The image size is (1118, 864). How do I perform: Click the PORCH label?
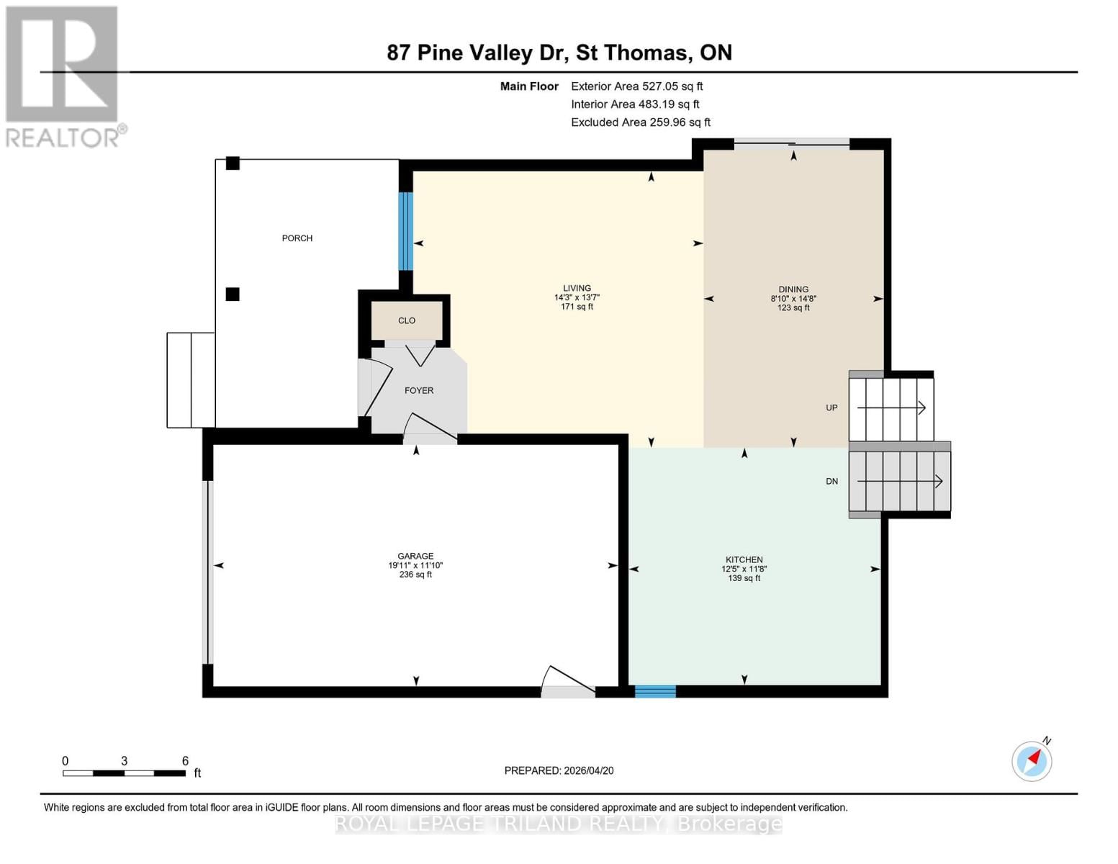click(297, 238)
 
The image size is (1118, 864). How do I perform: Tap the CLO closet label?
click(407, 320)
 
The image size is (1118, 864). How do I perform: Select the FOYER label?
click(419, 390)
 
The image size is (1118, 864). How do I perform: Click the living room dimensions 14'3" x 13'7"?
click(577, 297)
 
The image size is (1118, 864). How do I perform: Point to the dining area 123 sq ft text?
click(793, 308)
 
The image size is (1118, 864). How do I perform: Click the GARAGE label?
click(415, 556)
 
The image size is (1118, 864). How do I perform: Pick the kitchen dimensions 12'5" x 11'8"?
click(744, 569)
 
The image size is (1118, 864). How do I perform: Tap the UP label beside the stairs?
click(831, 408)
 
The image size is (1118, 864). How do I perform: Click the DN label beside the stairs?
click(831, 481)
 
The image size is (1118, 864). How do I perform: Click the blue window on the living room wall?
click(406, 231)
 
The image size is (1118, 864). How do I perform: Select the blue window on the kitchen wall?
click(655, 692)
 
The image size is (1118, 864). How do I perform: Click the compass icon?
click(1032, 760)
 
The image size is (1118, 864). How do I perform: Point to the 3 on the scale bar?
click(125, 761)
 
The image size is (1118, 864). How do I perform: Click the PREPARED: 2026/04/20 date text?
click(559, 770)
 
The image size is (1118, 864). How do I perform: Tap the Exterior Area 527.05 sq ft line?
click(636, 86)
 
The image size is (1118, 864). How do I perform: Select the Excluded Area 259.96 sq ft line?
click(640, 122)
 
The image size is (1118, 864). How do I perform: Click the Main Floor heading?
click(529, 86)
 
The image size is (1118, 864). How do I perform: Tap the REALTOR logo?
click(63, 76)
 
